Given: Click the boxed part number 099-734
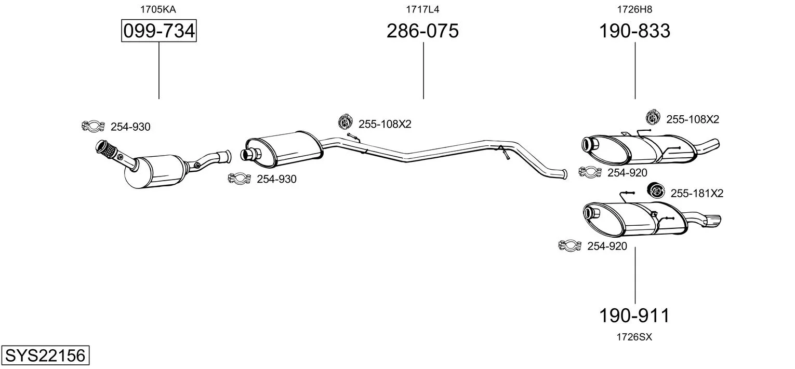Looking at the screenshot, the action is (158, 31).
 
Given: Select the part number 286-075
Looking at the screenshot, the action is (422, 31).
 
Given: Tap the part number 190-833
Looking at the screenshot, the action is (634, 31).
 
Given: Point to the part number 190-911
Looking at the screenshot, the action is (634, 315).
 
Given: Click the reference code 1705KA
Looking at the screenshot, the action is (158, 9).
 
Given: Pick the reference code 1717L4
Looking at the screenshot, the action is (422, 9).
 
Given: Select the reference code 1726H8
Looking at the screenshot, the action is (634, 9).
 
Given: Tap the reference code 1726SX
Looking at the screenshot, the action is (634, 337).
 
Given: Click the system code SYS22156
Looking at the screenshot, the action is (45, 355).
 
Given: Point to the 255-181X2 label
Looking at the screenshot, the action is (697, 193).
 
